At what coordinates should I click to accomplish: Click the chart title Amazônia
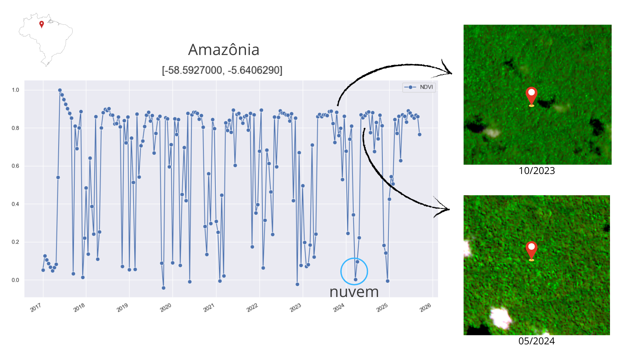tap(224, 50)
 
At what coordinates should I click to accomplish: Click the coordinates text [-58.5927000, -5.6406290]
tap(222, 70)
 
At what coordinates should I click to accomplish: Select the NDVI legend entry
tap(419, 87)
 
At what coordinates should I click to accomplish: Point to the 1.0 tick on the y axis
tap(15, 90)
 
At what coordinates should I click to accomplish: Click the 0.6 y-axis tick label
tap(15, 166)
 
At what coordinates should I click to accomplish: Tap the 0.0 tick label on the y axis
tap(15, 280)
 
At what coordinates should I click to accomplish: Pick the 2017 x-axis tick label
tap(36, 307)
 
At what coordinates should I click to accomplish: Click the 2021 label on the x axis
tap(209, 307)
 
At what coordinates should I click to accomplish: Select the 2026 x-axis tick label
tap(425, 307)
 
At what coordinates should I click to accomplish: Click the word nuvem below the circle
tap(354, 292)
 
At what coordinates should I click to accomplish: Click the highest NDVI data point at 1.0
tap(60, 90)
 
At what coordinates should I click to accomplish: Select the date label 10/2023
tap(537, 171)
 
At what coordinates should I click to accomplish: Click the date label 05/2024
tap(536, 341)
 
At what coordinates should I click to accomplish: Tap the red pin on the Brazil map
tap(42, 24)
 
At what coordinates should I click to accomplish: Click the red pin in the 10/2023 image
tap(531, 96)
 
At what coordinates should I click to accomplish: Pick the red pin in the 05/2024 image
tap(531, 250)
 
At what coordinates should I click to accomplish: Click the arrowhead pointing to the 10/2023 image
tap(448, 71)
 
